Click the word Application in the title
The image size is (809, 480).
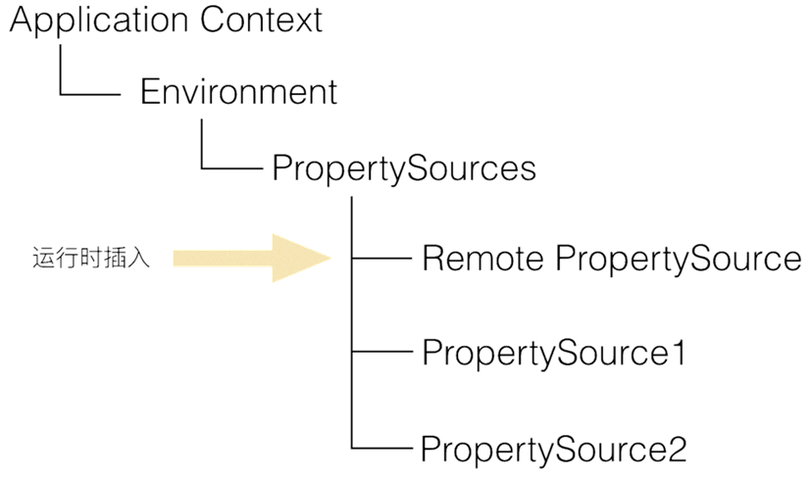pyautogui.click(x=99, y=22)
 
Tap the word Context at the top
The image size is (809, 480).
pyautogui.click(x=262, y=20)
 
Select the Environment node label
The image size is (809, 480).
pyautogui.click(x=239, y=91)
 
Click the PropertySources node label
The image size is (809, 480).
pyautogui.click(x=404, y=168)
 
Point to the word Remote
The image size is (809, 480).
pyautogui.click(x=482, y=258)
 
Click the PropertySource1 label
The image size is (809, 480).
pyautogui.click(x=554, y=355)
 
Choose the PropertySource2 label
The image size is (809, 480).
pyautogui.click(x=554, y=450)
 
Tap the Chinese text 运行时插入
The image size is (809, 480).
pyautogui.click(x=91, y=258)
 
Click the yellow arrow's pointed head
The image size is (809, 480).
pyautogui.click(x=330, y=258)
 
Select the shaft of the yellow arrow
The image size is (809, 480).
pyautogui.click(x=223, y=259)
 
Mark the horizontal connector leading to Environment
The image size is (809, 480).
pyautogui.click(x=90, y=95)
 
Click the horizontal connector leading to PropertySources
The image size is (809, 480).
pyautogui.click(x=231, y=168)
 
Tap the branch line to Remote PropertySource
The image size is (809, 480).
pyautogui.click(x=381, y=258)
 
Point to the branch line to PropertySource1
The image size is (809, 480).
pyautogui.click(x=381, y=352)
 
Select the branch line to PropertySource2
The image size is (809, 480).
pyautogui.click(x=381, y=448)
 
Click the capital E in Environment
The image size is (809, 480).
pyautogui.click(x=150, y=91)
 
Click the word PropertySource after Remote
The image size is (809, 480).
pyautogui.click(x=679, y=260)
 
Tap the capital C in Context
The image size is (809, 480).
pyautogui.click(x=213, y=20)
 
